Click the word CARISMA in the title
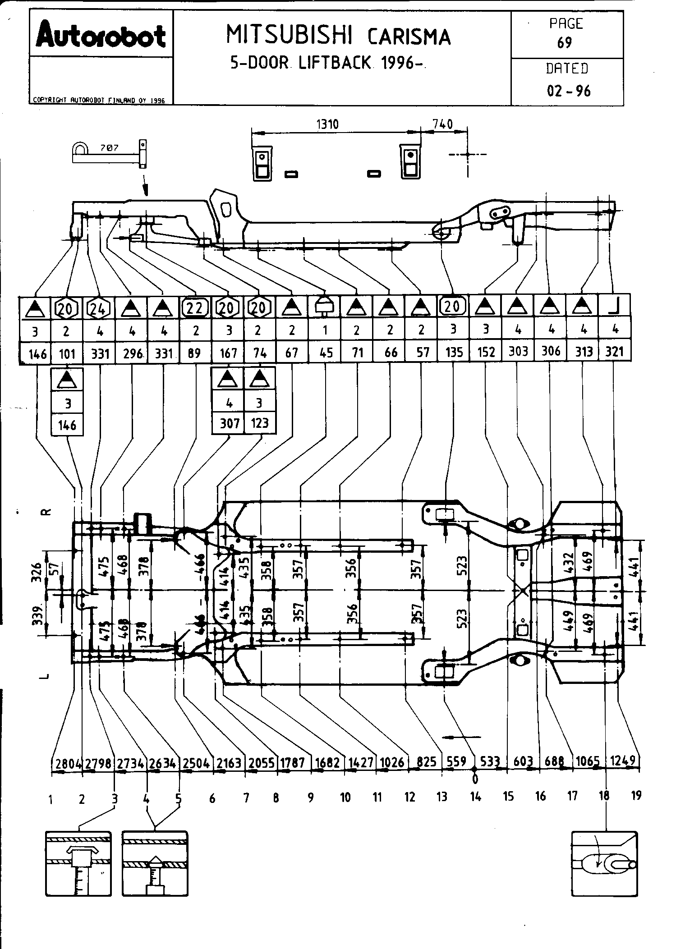(409, 37)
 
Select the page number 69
(565, 43)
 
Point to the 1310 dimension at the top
(327, 124)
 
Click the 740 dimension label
(442, 124)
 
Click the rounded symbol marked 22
(195, 307)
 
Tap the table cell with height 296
(133, 353)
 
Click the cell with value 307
(229, 423)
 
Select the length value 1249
(623, 761)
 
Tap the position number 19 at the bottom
(636, 795)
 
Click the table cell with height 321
(614, 352)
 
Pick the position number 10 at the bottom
(345, 798)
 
